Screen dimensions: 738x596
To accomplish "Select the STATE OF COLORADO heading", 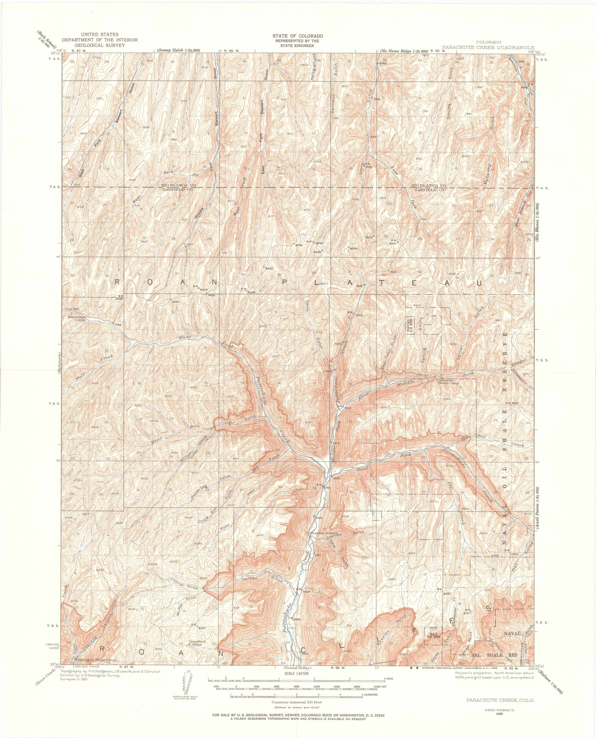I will (x=298, y=36).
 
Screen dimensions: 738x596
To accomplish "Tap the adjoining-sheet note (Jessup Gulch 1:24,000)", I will (x=178, y=50).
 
